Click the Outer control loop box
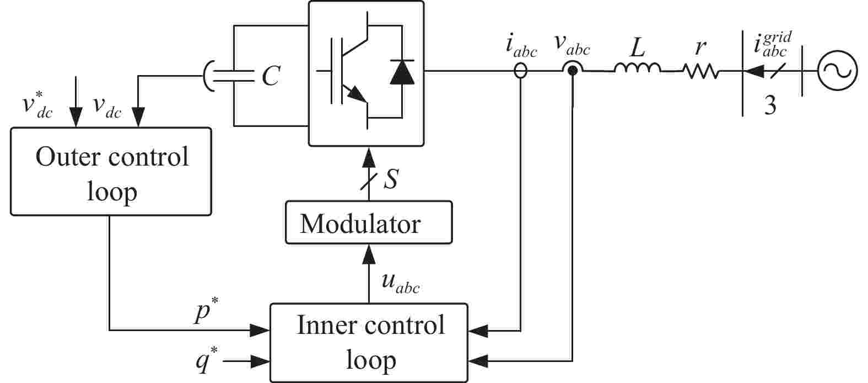click(x=111, y=171)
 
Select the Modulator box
click(x=368, y=222)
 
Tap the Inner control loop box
click(x=369, y=342)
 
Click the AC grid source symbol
click(x=837, y=71)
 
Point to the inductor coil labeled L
click(x=637, y=68)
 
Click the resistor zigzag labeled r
click(x=700, y=71)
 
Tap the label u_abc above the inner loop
click(x=400, y=282)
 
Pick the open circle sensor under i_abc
click(x=520, y=71)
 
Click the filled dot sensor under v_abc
click(x=573, y=70)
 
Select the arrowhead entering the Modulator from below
click(x=368, y=254)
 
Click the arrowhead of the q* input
click(x=260, y=362)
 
